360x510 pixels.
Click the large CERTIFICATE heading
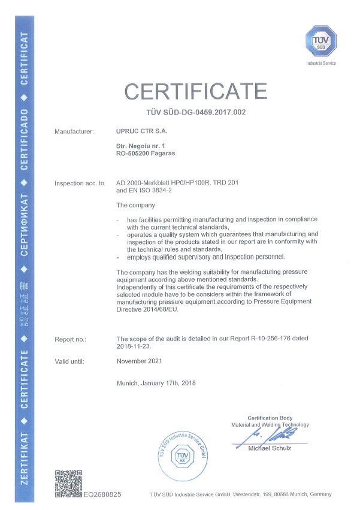pyautogui.click(x=195, y=91)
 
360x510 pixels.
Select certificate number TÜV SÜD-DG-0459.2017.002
pyautogui.click(x=195, y=112)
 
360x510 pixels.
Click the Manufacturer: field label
pyautogui.click(x=74, y=130)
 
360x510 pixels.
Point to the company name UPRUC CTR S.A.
pyautogui.click(x=142, y=130)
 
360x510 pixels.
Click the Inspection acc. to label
pyautogui.click(x=79, y=183)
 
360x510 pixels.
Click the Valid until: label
pyautogui.click(x=69, y=361)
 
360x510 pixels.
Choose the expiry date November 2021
pyautogui.click(x=140, y=361)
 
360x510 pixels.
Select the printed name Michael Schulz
pyautogui.click(x=271, y=448)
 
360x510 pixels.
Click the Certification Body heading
pyautogui.click(x=270, y=418)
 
